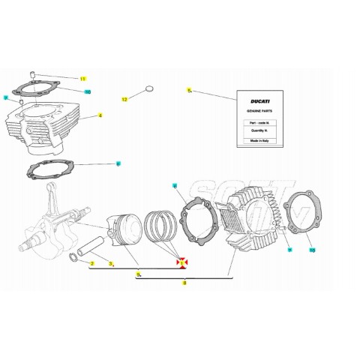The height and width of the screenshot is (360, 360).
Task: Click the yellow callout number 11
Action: click(84, 79)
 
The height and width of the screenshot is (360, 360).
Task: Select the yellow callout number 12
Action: click(126, 98)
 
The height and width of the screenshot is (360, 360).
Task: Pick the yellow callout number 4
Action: click(100, 116)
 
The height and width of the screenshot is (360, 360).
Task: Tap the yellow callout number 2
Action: click(92, 264)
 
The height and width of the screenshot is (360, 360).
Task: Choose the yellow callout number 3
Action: click(111, 264)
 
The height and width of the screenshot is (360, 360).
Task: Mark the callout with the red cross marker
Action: click(181, 262)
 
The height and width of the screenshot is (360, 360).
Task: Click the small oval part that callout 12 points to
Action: click(148, 89)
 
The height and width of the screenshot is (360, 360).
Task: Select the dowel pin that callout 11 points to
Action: click(34, 73)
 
